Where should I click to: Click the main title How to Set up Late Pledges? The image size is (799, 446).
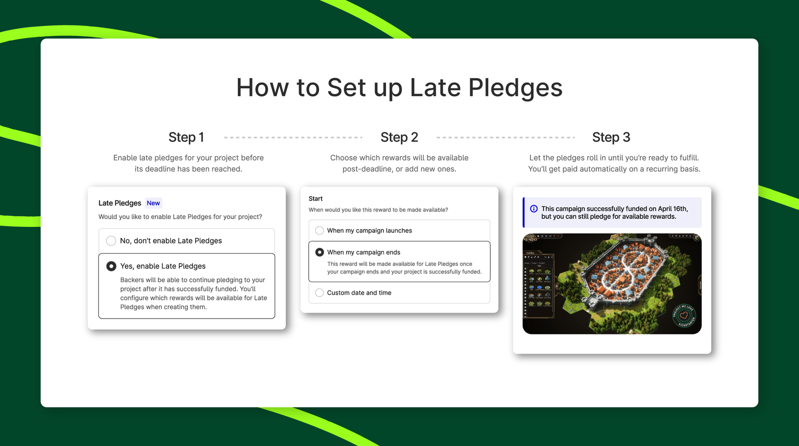tap(399, 88)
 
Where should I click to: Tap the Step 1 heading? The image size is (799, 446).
tap(186, 137)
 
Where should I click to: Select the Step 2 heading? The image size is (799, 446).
tap(399, 137)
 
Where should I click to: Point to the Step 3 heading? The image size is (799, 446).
tap(611, 137)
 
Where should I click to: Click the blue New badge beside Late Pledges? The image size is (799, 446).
tap(153, 203)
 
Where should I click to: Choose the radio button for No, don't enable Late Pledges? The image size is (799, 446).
tap(111, 241)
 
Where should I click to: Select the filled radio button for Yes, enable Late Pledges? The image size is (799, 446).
tap(111, 266)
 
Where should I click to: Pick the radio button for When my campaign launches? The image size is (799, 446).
tap(320, 230)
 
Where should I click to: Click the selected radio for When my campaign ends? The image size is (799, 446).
tap(320, 252)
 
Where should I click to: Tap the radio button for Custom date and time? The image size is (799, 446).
tap(320, 293)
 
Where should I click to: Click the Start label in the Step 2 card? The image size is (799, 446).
tap(316, 198)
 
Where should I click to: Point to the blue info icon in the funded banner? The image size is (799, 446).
tap(534, 209)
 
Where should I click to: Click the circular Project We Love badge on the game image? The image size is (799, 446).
tap(684, 315)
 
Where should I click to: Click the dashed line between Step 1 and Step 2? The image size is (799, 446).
tap(293, 137)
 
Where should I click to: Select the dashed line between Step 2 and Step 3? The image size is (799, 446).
tap(505, 137)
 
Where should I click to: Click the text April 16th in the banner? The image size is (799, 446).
tap(672, 209)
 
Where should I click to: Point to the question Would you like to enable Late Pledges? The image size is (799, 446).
tap(180, 217)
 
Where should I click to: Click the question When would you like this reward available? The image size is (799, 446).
tap(378, 210)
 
